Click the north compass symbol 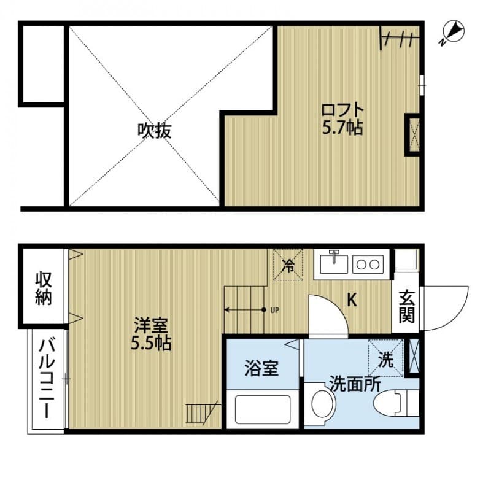coord(454,33)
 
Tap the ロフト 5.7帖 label coord(342,119)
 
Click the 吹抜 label coord(155,131)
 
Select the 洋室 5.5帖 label coord(151,334)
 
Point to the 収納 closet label coord(43,288)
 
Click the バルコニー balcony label coord(47,379)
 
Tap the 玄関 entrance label coord(406,307)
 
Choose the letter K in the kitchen coord(352,300)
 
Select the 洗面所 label coord(355,384)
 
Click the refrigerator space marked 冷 coord(288,265)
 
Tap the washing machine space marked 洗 coord(386,358)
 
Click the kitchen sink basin coord(334,264)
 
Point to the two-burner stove coord(368,265)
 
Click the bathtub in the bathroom coord(263,409)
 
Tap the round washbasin coord(322,403)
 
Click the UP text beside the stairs coord(274,311)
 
